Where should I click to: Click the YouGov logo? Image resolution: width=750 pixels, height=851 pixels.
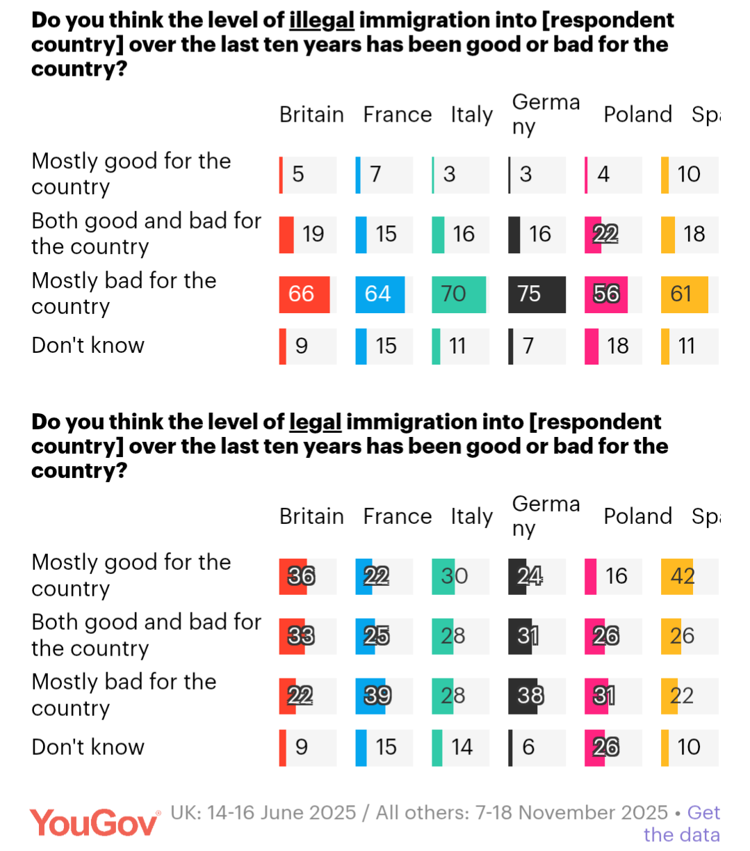pos(94,823)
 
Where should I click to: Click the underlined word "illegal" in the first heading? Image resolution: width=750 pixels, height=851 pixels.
pos(322,20)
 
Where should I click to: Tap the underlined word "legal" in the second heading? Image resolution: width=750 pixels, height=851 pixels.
pos(315,422)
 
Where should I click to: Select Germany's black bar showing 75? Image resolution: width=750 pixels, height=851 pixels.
pos(537,294)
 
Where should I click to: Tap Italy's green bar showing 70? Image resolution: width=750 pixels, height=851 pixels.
pos(458,294)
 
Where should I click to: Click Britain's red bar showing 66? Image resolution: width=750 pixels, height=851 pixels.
pos(304,294)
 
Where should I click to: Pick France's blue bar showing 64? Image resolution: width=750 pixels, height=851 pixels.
pos(380,294)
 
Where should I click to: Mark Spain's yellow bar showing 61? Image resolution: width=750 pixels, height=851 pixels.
pos(684,294)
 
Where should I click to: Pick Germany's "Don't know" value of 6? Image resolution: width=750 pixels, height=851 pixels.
pos(528,747)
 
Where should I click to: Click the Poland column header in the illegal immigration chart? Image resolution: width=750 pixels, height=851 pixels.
pos(637,115)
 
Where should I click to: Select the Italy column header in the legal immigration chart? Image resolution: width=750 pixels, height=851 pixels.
pos(471,516)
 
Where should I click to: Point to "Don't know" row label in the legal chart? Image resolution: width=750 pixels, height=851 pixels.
pos(88,747)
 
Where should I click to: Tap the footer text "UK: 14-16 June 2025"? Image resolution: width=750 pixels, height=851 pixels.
pos(263,813)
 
